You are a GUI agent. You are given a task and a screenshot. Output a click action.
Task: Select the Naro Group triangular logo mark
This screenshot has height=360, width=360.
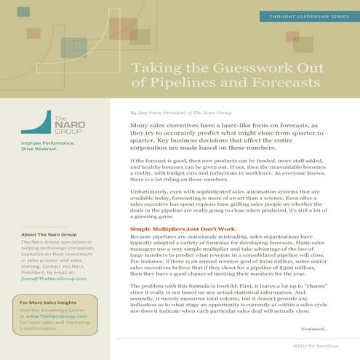click(34, 123)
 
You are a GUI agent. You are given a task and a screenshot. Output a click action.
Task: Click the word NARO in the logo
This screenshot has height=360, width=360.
click(63, 124)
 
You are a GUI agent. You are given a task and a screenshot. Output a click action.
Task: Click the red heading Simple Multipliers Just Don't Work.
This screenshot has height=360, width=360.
click(175, 230)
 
